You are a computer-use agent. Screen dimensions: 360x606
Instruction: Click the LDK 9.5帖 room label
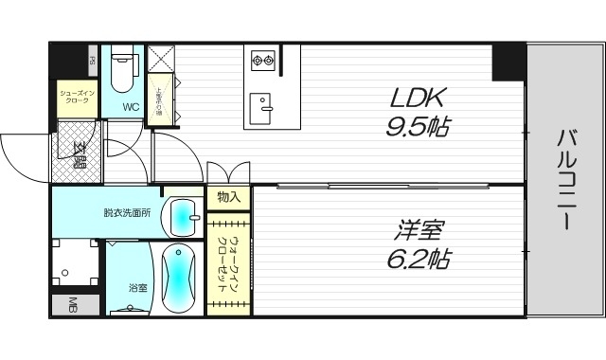[x=416, y=112]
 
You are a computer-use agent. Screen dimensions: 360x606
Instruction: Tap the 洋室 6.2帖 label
[x=417, y=243]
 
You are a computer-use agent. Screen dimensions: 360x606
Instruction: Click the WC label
[x=131, y=107]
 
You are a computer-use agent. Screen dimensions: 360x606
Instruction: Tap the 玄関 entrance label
[x=79, y=151]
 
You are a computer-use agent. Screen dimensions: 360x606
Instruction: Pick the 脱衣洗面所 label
[x=127, y=212]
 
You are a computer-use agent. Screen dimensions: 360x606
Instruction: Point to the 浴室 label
[x=138, y=286]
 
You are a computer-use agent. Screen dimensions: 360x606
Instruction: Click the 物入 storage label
[x=227, y=197]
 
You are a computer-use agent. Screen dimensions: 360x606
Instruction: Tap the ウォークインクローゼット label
[x=227, y=266]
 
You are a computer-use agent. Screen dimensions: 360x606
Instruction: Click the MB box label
[x=72, y=305]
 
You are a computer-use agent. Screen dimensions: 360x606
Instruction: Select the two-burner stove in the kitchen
[x=262, y=62]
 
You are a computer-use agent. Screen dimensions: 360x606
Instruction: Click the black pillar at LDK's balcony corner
[x=508, y=63]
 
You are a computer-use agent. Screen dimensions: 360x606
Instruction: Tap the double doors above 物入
[x=228, y=172]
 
